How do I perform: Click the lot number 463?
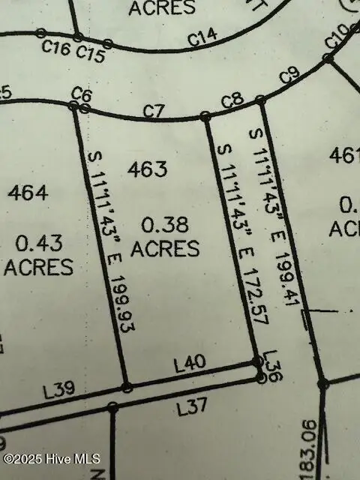tap(147, 169)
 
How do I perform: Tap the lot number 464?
tap(28, 193)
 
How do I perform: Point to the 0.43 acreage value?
tap(37, 243)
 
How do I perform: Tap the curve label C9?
tap(289, 76)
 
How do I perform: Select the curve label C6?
tap(81, 94)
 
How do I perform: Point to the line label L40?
tap(190, 364)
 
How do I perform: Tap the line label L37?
tap(192, 409)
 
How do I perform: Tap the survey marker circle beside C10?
tap(328, 58)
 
